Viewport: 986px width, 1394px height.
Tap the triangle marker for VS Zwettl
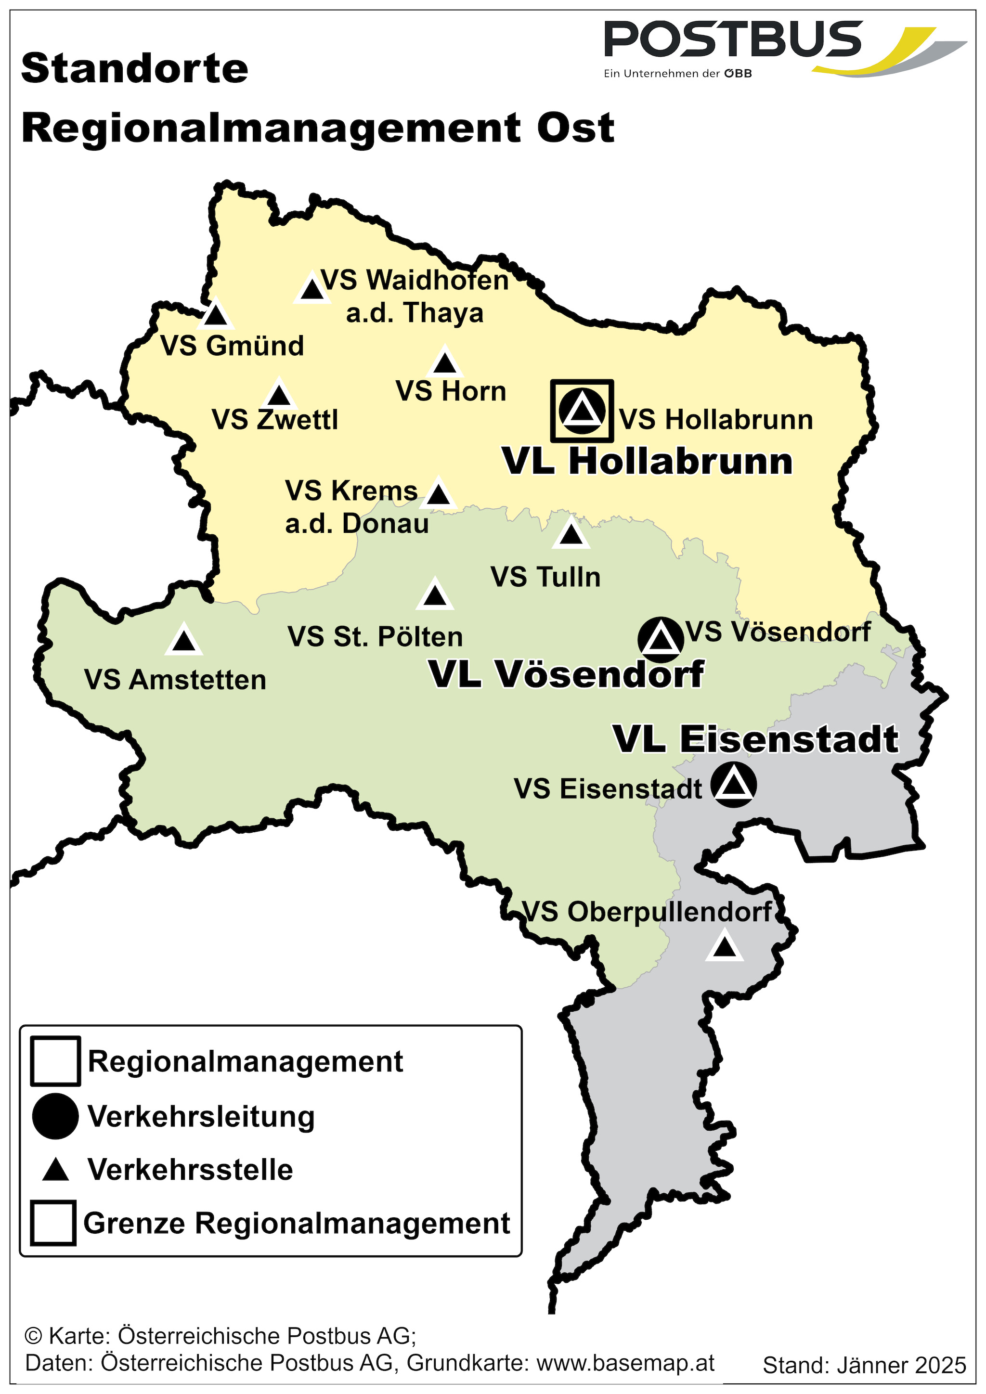pyautogui.click(x=279, y=395)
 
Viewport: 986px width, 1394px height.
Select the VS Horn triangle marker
pyautogui.click(x=445, y=363)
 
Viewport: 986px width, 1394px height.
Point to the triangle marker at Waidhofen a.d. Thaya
pyautogui.click(x=312, y=289)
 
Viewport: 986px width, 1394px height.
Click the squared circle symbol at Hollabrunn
pyautogui.click(x=582, y=411)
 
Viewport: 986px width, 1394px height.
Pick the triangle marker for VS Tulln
pyautogui.click(x=570, y=534)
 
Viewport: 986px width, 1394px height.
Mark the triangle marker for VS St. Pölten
pyautogui.click(x=435, y=595)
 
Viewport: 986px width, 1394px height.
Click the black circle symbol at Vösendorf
pyautogui.click(x=661, y=639)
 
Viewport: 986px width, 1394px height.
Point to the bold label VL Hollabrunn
pyautogui.click(x=648, y=462)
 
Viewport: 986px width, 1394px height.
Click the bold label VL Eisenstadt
pyautogui.click(x=755, y=739)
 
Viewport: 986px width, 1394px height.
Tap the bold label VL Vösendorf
pyautogui.click(x=567, y=674)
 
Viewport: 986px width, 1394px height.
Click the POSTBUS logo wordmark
pyautogui.click(x=733, y=39)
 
